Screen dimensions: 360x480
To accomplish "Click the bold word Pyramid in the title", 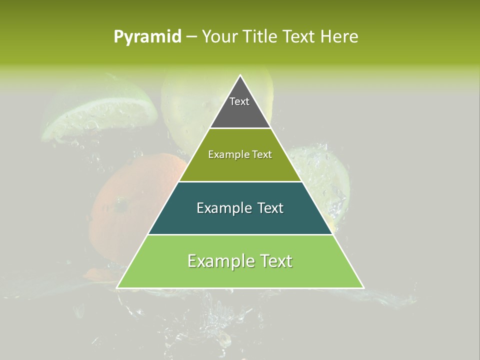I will [147, 37].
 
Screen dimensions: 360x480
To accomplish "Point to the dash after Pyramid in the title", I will [191, 37].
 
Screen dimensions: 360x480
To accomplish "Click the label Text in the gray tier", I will [239, 101].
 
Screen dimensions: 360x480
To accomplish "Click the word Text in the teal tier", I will [270, 208].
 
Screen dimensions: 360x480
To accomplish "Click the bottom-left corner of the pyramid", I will [118, 287].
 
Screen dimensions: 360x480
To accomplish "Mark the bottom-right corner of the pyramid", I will [362, 287].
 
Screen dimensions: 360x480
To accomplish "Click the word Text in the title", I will [299, 37].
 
